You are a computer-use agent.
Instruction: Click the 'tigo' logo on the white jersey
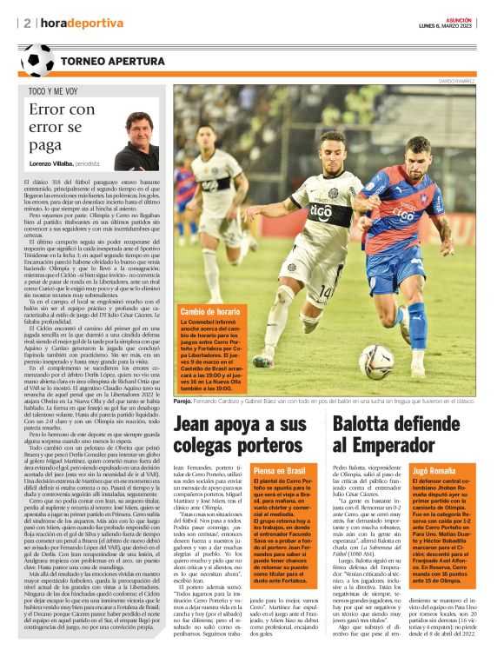322,211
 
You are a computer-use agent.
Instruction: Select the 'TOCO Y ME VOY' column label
53,90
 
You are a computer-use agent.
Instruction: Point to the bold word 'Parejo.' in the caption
183,401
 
